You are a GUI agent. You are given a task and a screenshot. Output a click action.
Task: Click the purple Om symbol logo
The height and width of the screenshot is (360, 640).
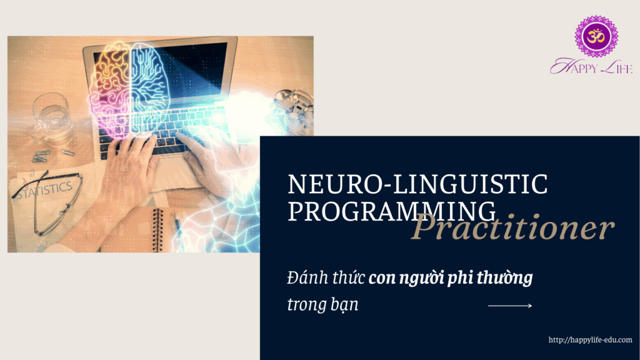[596, 36]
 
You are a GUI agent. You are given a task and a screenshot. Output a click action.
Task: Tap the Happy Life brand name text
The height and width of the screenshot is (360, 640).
[591, 66]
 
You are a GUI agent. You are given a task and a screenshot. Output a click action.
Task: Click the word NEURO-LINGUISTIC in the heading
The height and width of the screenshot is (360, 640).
[417, 184]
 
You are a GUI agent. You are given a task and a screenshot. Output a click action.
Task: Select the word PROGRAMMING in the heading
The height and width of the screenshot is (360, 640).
[392, 211]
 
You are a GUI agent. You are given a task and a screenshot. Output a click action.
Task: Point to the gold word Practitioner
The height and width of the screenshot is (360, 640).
[512, 227]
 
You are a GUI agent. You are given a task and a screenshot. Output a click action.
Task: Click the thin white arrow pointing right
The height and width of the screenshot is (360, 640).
[510, 305]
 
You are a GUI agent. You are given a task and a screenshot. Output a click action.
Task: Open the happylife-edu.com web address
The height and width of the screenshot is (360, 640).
[590, 339]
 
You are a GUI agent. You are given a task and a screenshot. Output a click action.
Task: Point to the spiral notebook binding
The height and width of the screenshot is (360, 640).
[157, 230]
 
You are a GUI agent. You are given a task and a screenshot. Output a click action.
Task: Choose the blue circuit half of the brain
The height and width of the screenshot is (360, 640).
[149, 88]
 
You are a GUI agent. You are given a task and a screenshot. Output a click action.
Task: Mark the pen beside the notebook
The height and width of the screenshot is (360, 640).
[178, 226]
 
